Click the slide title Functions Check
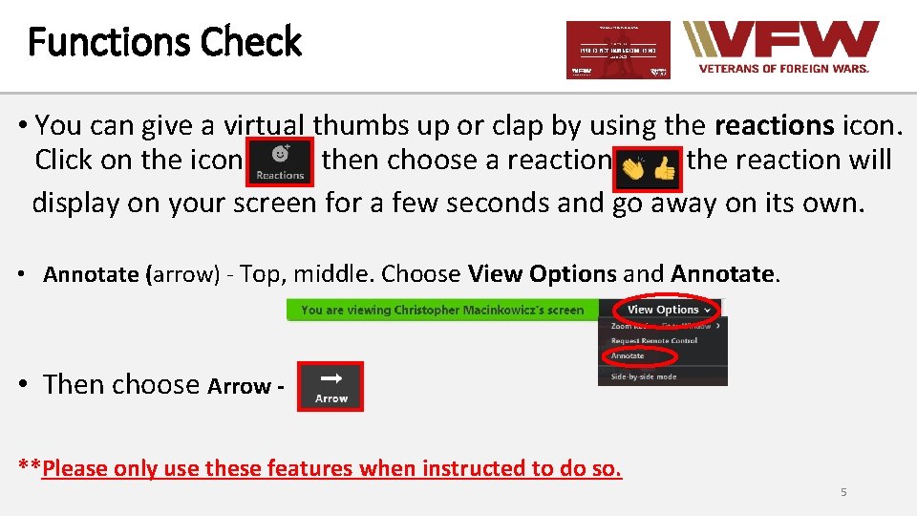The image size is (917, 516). pyautogui.click(x=164, y=43)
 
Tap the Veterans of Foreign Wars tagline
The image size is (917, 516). pyautogui.click(x=784, y=69)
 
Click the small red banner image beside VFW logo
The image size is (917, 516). pyautogui.click(x=618, y=50)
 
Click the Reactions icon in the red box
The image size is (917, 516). pyautogui.click(x=280, y=161)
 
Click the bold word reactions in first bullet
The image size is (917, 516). pyautogui.click(x=775, y=125)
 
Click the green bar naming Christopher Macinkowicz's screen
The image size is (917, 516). pyautogui.click(x=442, y=310)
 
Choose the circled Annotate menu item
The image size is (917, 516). pyautogui.click(x=629, y=355)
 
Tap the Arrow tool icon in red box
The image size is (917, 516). pyautogui.click(x=331, y=386)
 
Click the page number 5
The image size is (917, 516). pyautogui.click(x=843, y=492)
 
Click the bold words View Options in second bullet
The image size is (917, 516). pyautogui.click(x=542, y=274)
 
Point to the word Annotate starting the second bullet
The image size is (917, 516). pyautogui.click(x=91, y=275)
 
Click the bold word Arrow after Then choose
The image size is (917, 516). pyautogui.click(x=239, y=386)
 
